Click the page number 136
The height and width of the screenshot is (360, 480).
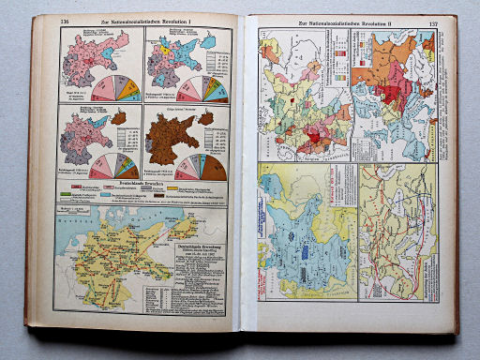tap(65, 22)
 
